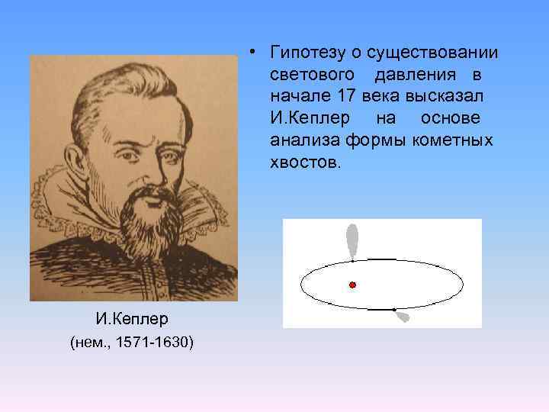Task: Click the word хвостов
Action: click(x=301, y=164)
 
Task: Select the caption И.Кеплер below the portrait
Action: click(x=131, y=319)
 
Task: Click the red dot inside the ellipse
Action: click(x=352, y=285)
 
